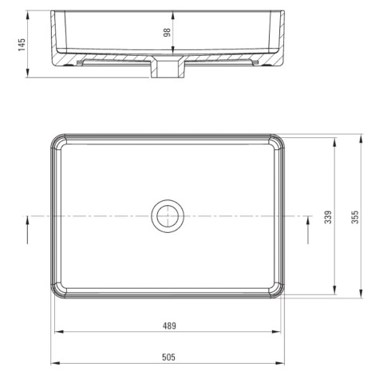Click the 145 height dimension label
(22, 45)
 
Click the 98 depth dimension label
(167, 33)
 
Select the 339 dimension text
(328, 217)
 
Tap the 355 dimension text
(355, 217)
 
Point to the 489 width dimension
(169, 326)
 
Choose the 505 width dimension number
(169, 357)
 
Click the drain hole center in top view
(168, 215)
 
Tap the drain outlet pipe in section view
(168, 68)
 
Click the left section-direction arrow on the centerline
(27, 230)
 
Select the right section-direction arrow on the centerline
(308, 230)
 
